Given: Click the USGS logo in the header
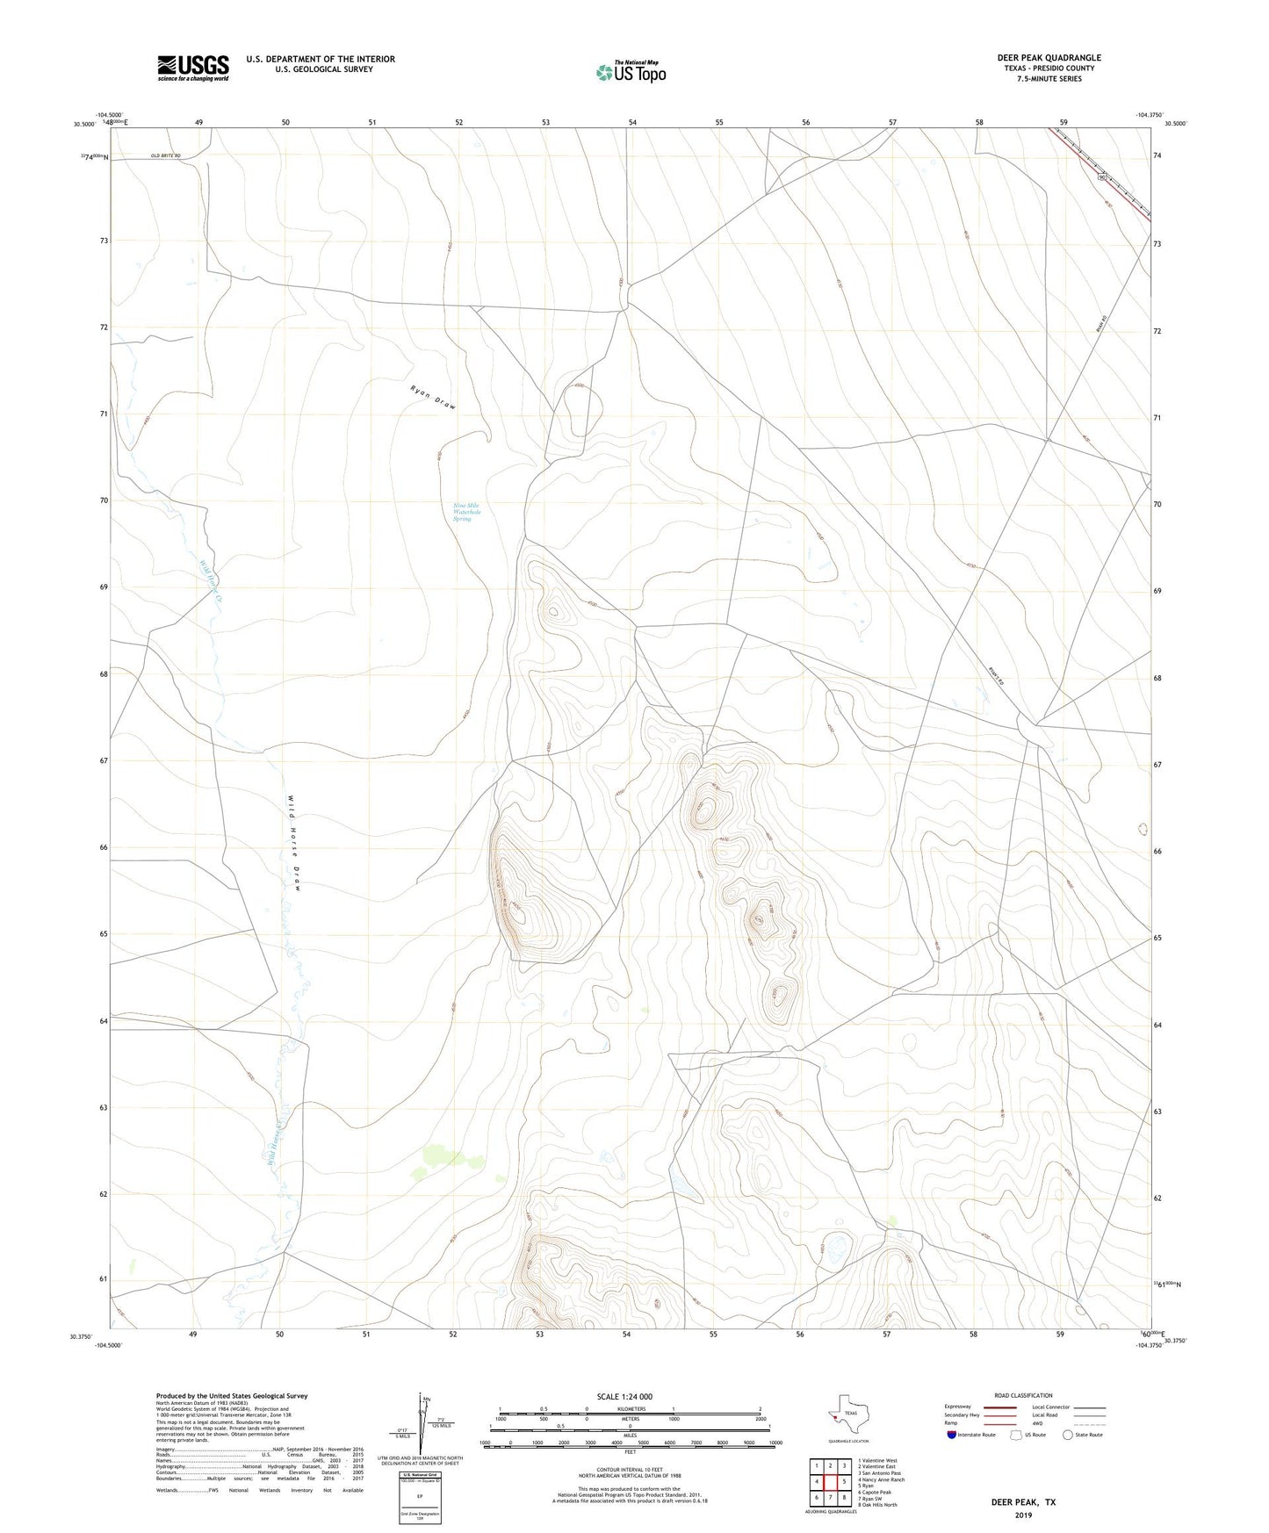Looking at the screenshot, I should [x=192, y=68].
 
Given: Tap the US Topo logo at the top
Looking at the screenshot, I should [x=631, y=72].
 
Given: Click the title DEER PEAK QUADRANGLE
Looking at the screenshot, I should [x=1049, y=58].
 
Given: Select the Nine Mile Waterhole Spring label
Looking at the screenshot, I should [x=466, y=512].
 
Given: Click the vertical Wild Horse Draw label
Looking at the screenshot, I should [x=294, y=843].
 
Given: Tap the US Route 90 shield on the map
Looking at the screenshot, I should [x=1101, y=177].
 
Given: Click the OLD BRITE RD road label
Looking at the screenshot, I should [x=165, y=155].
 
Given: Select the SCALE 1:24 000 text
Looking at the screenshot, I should [x=624, y=1397].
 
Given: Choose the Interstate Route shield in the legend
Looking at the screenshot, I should [x=952, y=1435].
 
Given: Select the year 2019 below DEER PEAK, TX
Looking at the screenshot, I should [x=1023, y=1515].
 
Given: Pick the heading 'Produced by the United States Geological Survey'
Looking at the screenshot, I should [x=232, y=1396].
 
